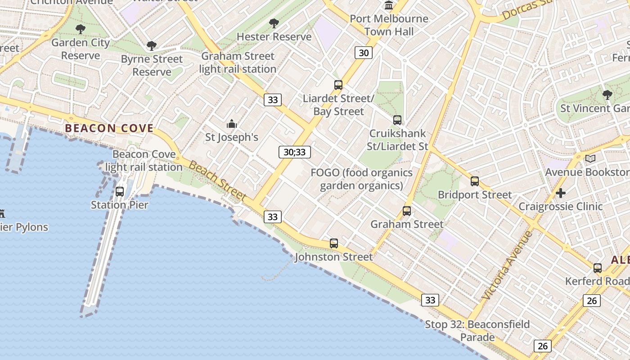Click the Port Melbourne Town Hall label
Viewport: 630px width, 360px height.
point(389,25)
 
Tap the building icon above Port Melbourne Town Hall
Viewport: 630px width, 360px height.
point(389,5)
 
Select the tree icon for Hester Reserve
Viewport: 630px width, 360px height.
point(274,23)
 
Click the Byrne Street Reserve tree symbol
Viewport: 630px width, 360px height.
point(152,46)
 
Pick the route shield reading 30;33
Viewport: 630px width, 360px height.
point(295,152)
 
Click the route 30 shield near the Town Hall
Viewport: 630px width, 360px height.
point(364,53)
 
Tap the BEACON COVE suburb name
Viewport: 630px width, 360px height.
point(109,128)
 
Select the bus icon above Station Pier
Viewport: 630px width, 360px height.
point(120,192)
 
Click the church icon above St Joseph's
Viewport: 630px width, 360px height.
point(232,124)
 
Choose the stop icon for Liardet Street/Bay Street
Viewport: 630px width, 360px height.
point(338,85)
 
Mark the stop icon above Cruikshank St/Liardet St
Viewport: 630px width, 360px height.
point(397,120)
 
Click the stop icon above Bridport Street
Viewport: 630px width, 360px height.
point(475,181)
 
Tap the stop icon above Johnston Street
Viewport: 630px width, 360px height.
point(334,243)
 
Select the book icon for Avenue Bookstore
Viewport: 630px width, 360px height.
point(590,158)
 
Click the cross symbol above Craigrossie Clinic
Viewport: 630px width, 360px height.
point(561,193)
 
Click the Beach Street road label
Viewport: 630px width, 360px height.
point(218,181)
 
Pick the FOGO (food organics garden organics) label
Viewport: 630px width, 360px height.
point(362,179)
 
